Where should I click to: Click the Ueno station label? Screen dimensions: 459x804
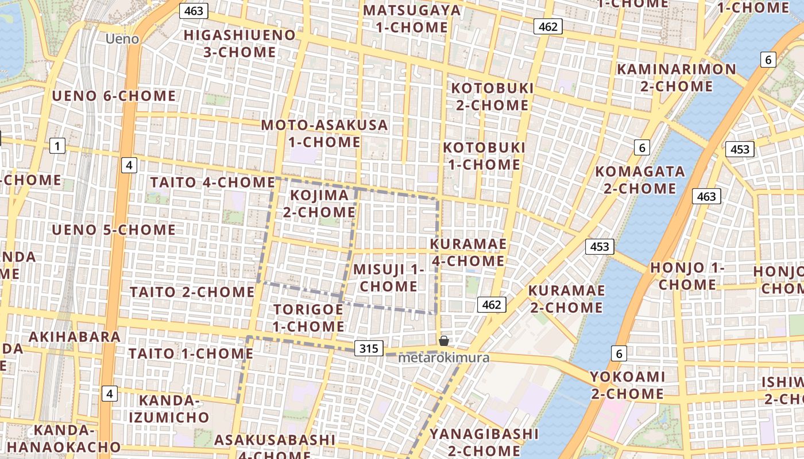tap(122, 39)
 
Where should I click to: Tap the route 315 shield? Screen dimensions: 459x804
tap(369, 348)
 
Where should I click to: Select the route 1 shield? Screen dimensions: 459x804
tap(57, 146)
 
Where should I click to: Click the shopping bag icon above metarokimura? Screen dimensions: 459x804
tap(443, 341)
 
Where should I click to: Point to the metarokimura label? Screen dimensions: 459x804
tap(444, 358)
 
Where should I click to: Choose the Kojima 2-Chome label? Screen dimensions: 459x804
tap(319, 204)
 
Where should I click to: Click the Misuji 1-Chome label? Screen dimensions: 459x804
tap(388, 278)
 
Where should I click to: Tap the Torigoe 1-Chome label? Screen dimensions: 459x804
tap(308, 318)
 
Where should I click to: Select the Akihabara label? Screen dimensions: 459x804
tap(75, 337)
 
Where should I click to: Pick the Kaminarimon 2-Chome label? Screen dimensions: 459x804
tap(676, 78)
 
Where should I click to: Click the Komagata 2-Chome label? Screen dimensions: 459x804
tap(640, 180)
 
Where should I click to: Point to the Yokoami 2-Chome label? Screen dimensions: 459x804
tap(627, 386)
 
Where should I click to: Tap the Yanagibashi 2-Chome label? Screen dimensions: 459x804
tap(484, 442)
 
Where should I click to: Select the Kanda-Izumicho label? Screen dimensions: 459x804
tap(168, 409)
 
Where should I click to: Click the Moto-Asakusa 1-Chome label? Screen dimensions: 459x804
tap(324, 133)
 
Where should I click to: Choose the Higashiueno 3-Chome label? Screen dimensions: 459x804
tap(239, 44)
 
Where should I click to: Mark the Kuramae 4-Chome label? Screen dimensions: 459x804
tap(468, 252)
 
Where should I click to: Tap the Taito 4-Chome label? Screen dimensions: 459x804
tap(212, 182)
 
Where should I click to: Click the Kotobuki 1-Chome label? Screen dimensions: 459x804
tap(484, 156)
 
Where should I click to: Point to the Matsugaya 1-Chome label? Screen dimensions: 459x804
tap(412, 18)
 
